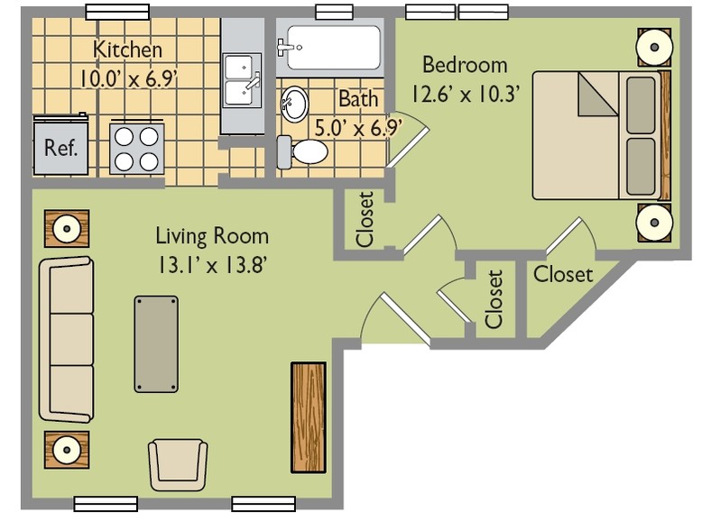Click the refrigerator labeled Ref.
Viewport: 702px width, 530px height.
coord(60,145)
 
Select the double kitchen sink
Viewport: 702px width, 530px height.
coord(242,80)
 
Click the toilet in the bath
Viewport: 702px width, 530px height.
coord(302,152)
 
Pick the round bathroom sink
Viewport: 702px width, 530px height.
coord(294,104)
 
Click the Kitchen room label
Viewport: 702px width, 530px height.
coord(127,50)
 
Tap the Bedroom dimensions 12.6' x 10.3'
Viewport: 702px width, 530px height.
coord(466,94)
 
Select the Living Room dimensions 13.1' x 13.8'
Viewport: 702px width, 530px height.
coord(212,266)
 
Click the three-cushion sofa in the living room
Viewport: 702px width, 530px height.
coord(66,339)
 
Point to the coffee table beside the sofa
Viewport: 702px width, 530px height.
coord(156,344)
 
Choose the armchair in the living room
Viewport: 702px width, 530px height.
coord(178,465)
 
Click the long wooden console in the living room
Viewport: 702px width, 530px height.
coord(309,417)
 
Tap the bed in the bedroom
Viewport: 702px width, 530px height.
coord(601,135)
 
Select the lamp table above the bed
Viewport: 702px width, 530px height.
coord(654,48)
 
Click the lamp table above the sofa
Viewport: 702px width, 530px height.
coord(67,229)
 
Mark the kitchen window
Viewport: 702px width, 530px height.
coord(117,12)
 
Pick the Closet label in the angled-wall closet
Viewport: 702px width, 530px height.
coord(563,274)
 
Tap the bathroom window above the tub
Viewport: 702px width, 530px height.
coord(334,12)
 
